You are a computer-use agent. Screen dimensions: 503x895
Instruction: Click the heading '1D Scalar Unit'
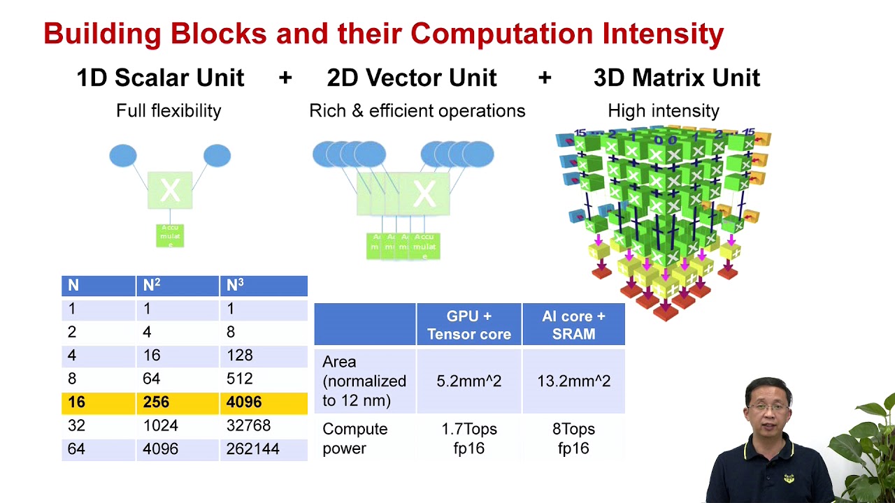pos(160,78)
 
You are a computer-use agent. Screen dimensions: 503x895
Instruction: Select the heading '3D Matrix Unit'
pos(676,78)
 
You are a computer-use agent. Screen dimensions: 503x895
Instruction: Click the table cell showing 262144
pos(252,449)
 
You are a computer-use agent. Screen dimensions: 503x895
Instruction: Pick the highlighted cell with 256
pos(157,402)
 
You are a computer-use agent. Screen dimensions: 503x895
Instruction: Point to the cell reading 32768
pos(248,425)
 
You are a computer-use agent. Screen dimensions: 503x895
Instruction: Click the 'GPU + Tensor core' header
pos(468,325)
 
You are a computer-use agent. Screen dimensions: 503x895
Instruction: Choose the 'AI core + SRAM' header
pos(573,325)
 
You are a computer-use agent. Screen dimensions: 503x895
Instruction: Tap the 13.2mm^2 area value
pos(573,381)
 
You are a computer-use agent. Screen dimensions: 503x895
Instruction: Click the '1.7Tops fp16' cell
pos(468,438)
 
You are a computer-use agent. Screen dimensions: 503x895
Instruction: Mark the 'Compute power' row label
pos(355,438)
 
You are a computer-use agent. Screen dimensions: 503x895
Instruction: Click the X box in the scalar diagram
pos(170,189)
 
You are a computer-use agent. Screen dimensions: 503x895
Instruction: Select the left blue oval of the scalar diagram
pos(123,156)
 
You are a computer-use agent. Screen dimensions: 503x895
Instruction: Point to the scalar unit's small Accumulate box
pos(170,235)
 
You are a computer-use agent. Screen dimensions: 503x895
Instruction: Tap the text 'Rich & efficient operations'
pos(417,110)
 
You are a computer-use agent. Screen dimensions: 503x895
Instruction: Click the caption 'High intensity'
pos(663,110)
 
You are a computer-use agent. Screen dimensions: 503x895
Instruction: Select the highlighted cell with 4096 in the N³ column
pos(244,402)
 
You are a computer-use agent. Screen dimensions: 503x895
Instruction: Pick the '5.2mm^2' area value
pos(468,381)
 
